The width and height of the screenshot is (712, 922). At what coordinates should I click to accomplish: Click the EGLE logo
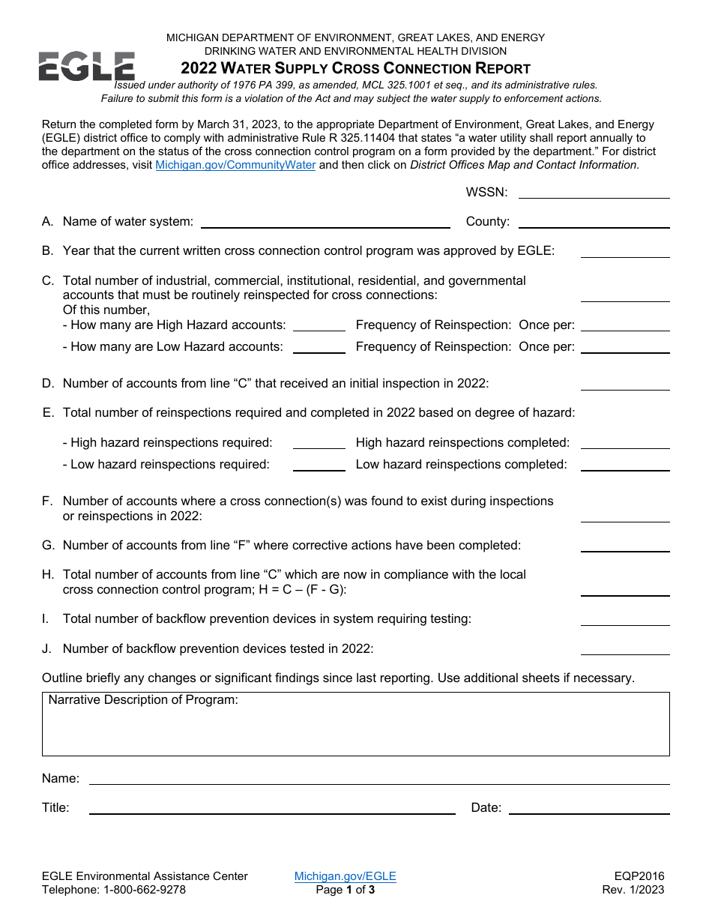[87, 67]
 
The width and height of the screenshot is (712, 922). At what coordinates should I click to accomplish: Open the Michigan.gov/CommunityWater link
[235, 165]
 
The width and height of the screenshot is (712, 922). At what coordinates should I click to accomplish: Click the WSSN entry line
[594, 193]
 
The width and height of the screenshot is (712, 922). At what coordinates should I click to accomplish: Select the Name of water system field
[325, 222]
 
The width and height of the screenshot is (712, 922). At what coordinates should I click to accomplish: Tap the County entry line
[594, 222]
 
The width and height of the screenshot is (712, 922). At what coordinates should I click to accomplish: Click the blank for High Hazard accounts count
[319, 325]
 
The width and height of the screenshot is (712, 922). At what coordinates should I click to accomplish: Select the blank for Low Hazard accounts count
[319, 347]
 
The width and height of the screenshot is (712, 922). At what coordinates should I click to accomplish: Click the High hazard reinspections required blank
[319, 443]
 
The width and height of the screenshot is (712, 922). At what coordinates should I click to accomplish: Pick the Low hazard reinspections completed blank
[624, 465]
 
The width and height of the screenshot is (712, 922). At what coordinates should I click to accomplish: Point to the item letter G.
[48, 546]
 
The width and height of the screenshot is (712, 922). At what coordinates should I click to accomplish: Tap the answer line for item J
[624, 649]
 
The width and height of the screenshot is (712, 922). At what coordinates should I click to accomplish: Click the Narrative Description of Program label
[143, 700]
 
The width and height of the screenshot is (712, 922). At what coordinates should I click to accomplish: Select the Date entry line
[588, 808]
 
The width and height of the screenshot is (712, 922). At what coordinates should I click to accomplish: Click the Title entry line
[272, 808]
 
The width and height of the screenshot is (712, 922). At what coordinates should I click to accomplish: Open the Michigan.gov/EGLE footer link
[345, 876]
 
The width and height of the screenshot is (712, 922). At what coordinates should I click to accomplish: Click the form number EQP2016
[639, 876]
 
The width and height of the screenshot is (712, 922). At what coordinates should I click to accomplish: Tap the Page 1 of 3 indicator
[345, 890]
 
